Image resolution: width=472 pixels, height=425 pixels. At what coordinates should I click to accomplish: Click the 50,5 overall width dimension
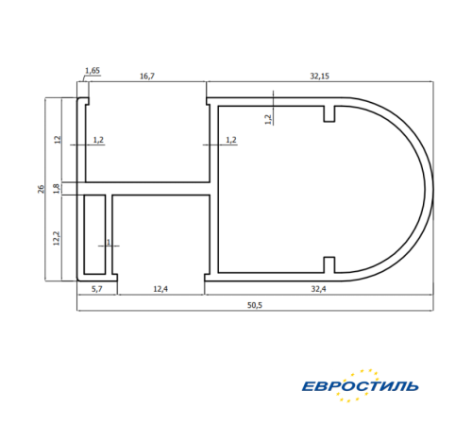255,305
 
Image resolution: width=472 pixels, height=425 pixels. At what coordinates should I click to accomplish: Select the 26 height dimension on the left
42,189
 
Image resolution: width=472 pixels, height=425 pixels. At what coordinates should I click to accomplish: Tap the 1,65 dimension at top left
93,71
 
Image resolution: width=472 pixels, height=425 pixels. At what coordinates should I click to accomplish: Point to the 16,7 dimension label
147,76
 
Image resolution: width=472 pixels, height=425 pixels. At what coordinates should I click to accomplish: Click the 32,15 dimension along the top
320,76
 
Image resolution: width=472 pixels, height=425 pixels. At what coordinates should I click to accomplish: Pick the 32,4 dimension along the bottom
318,289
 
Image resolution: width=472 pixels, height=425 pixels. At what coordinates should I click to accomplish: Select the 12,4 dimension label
160,289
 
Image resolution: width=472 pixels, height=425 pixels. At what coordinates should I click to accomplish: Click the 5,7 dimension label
97,289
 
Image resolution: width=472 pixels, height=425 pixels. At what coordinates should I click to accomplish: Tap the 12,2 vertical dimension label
57,238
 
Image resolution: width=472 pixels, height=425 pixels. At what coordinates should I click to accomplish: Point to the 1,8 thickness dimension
57,189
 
